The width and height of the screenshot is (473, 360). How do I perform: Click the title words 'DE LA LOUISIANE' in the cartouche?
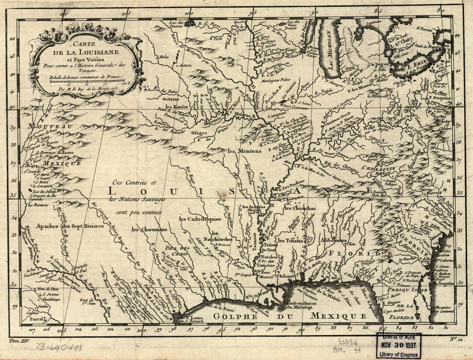click(87, 52)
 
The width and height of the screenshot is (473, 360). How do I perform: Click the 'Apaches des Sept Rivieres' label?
click(70, 226)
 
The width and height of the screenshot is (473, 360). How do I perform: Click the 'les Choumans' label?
click(149, 229)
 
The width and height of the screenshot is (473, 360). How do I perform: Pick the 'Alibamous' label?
click(334, 240)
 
